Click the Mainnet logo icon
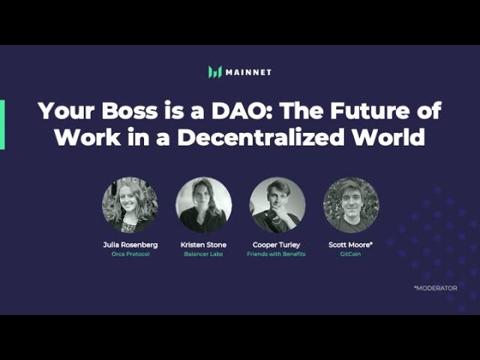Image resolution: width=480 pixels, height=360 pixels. click(215, 72)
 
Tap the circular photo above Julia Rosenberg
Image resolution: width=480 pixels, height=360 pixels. click(130, 205)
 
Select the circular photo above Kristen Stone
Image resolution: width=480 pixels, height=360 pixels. click(203, 205)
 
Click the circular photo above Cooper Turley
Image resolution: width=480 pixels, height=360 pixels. click(277, 205)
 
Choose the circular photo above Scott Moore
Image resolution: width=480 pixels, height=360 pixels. click(351, 205)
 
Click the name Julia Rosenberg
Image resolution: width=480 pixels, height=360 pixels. click(130, 244)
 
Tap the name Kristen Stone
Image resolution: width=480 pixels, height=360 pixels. click(203, 244)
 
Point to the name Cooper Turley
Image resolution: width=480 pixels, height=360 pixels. click(277, 244)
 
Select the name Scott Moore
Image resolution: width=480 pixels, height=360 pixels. click(351, 244)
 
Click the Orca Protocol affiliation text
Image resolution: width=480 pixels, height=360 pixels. click(130, 254)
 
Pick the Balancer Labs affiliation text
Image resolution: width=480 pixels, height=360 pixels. click(203, 254)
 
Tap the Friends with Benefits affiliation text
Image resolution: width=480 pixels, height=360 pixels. click(277, 254)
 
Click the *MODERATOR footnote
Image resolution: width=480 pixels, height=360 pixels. click(435, 288)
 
